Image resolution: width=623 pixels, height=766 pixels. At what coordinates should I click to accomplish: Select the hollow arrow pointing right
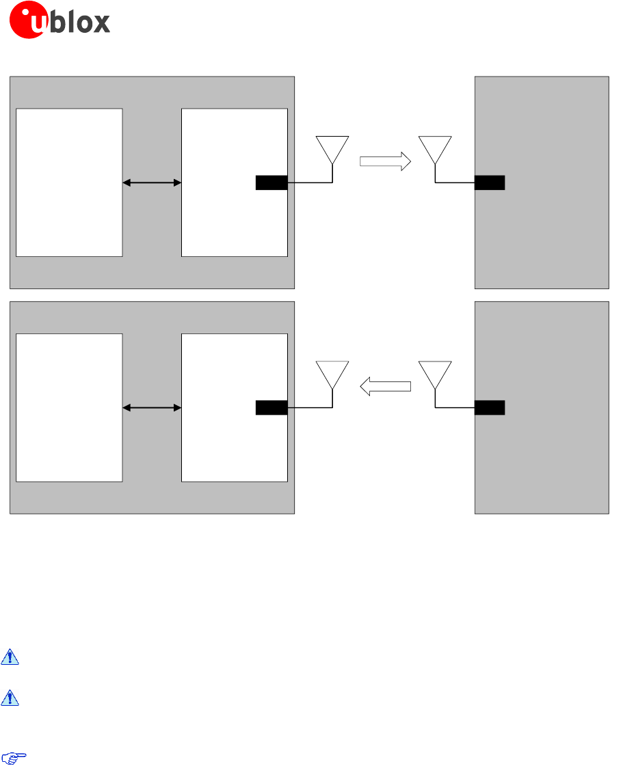(385, 162)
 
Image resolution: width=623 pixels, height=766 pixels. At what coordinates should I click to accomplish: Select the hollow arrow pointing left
(385, 387)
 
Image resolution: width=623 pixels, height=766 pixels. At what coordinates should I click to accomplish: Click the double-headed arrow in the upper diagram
(152, 182)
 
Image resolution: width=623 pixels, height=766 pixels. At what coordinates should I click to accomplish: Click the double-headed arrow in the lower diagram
(152, 408)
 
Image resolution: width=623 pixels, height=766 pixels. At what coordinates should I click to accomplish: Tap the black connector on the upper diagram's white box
(271, 182)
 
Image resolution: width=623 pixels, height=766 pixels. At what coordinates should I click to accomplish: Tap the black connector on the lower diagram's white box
(271, 408)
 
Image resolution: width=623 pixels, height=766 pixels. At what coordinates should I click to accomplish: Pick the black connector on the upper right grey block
(490, 182)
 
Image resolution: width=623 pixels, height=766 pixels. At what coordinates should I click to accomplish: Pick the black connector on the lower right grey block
(490, 408)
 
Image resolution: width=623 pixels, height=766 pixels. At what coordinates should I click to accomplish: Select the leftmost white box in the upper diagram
(69, 182)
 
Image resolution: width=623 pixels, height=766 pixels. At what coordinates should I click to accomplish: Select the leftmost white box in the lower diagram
(69, 407)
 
